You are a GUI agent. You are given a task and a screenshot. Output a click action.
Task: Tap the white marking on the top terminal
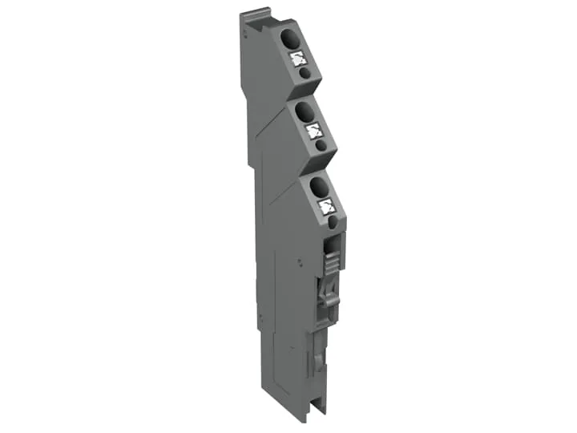click(x=298, y=57)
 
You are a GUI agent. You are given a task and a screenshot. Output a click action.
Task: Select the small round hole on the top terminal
click(x=305, y=72)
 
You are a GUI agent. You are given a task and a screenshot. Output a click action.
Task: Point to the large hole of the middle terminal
click(x=305, y=111)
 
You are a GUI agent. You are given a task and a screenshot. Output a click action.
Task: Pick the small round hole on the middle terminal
click(x=321, y=146)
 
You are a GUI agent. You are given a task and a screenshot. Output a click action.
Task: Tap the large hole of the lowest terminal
click(x=318, y=186)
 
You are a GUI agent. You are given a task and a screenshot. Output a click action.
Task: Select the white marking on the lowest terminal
click(x=326, y=206)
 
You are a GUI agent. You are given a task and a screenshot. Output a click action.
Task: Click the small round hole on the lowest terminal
click(x=333, y=221)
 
